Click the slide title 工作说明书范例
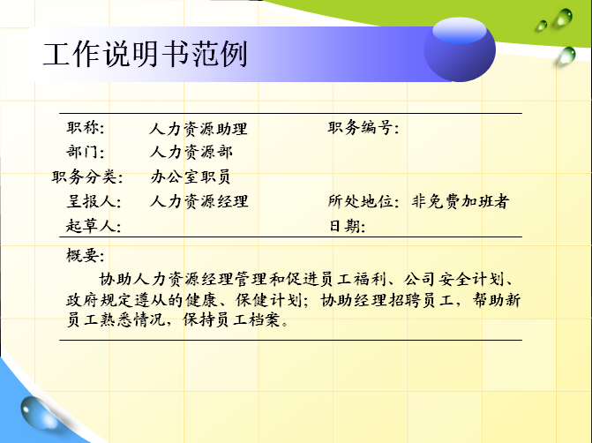click(x=146, y=55)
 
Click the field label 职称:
click(x=86, y=128)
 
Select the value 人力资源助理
click(x=199, y=129)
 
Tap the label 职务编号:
click(x=363, y=128)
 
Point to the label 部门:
click(x=86, y=152)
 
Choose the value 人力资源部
click(x=191, y=152)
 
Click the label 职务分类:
click(x=87, y=176)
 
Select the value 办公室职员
click(x=191, y=176)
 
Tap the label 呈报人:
click(x=94, y=201)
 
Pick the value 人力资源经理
click(x=199, y=201)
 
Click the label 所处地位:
click(x=363, y=201)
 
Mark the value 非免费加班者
click(x=461, y=201)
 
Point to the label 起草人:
click(x=94, y=225)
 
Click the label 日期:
click(x=347, y=226)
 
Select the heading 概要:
click(x=86, y=255)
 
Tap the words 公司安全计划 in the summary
click(x=453, y=280)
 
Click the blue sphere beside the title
click(x=460, y=49)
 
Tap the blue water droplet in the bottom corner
click(x=38, y=413)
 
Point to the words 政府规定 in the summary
click(x=100, y=300)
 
